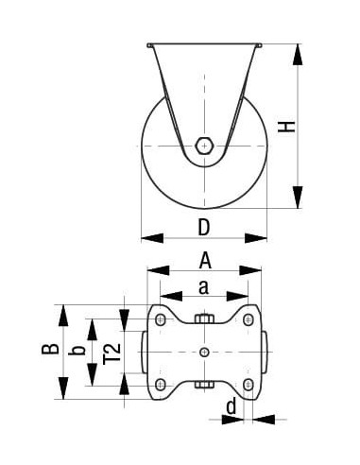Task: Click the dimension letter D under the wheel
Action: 203,226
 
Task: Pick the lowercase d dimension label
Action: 230,407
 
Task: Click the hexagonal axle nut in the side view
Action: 204,146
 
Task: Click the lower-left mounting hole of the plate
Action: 159,383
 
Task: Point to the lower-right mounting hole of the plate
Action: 249,383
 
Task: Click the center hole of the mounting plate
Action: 204,353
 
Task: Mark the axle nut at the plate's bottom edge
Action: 204,386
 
